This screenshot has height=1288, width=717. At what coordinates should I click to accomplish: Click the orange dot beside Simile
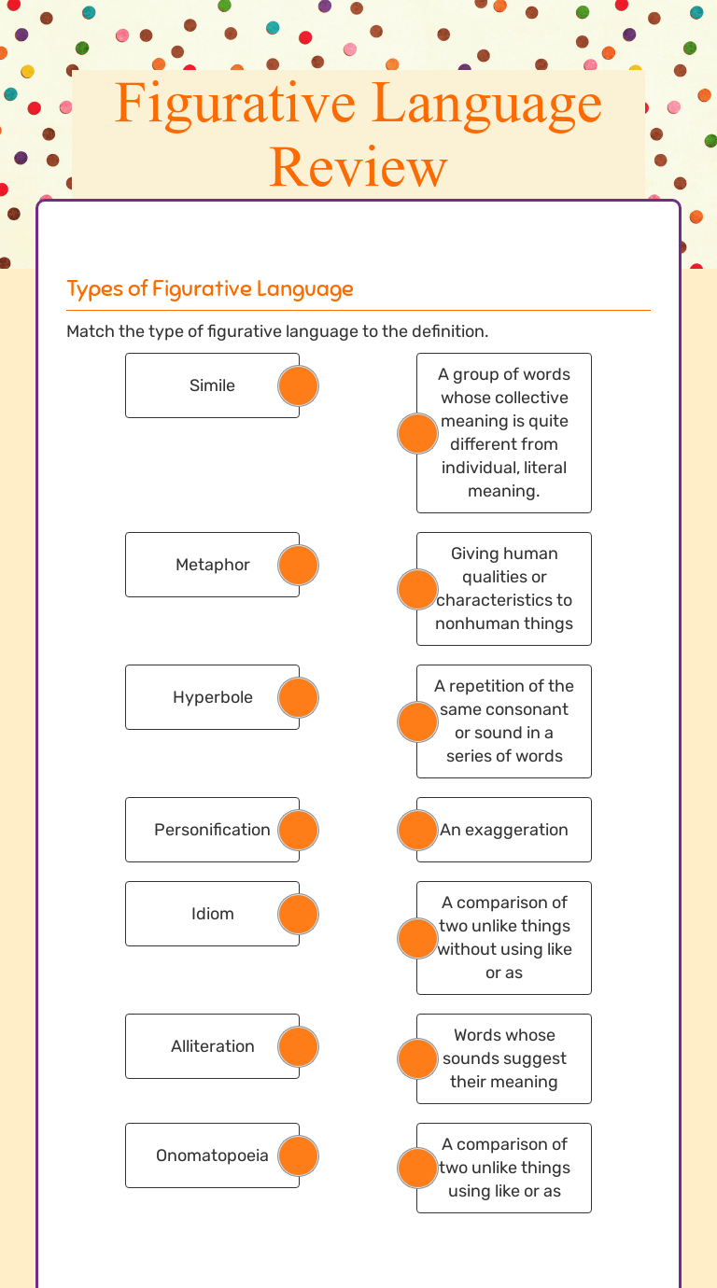[x=299, y=385]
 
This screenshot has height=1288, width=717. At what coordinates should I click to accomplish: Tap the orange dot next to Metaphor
[x=299, y=565]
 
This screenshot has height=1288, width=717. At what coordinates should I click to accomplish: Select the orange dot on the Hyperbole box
[x=299, y=697]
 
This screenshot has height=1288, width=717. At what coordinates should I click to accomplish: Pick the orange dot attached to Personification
[x=299, y=830]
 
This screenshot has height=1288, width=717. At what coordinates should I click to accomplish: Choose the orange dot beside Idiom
[x=299, y=914]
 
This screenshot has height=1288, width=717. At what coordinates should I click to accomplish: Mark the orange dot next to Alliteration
[x=299, y=1046]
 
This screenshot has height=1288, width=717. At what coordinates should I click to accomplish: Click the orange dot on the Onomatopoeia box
[x=299, y=1155]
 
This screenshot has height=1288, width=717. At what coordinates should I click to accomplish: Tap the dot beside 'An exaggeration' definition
[x=417, y=830]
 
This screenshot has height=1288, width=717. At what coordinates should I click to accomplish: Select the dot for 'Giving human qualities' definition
[x=417, y=589]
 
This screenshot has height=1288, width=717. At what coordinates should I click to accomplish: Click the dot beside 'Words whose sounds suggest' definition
[x=417, y=1058]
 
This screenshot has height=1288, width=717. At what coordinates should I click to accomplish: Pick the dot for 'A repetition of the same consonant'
[x=417, y=721]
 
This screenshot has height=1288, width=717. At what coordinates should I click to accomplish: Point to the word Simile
[x=212, y=385]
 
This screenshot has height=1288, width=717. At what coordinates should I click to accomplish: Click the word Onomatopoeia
[x=212, y=1155]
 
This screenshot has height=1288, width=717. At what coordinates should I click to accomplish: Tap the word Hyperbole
[x=212, y=697]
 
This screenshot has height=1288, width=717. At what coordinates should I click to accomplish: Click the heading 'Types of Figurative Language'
[x=210, y=288]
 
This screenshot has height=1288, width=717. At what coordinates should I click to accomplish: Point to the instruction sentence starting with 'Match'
[x=277, y=331]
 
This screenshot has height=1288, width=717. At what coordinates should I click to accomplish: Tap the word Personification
[x=212, y=830]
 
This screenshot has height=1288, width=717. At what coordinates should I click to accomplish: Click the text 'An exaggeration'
[x=504, y=830]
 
